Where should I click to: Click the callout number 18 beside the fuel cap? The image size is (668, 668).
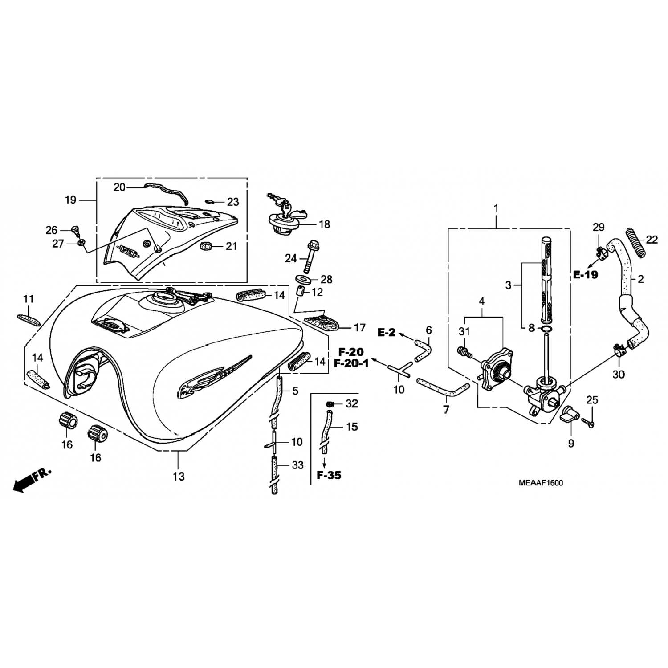point(325,224)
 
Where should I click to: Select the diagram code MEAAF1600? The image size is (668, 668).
point(540,483)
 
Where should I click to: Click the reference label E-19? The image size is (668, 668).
point(585,275)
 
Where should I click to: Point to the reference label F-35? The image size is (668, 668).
point(329,475)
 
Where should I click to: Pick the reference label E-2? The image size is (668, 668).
point(387,332)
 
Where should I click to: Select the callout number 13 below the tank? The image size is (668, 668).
point(179,477)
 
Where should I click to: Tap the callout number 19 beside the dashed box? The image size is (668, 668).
point(71,200)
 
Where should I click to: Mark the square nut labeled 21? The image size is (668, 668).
point(206,246)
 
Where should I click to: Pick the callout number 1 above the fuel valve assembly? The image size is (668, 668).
point(496,208)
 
